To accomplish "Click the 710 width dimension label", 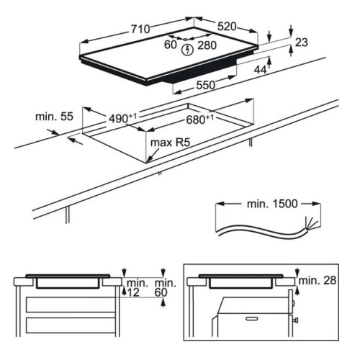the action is click(140, 30).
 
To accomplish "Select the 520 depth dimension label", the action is click(227, 27).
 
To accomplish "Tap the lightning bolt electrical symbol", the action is click(187, 50).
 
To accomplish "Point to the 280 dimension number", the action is click(207, 45).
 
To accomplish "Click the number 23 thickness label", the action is click(302, 42).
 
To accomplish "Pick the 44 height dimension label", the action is click(260, 70).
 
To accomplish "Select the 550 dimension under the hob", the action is click(206, 85).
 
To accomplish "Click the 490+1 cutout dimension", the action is click(122, 118).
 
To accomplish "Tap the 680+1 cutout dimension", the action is click(200, 120).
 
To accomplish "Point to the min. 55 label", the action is click(54, 117).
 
